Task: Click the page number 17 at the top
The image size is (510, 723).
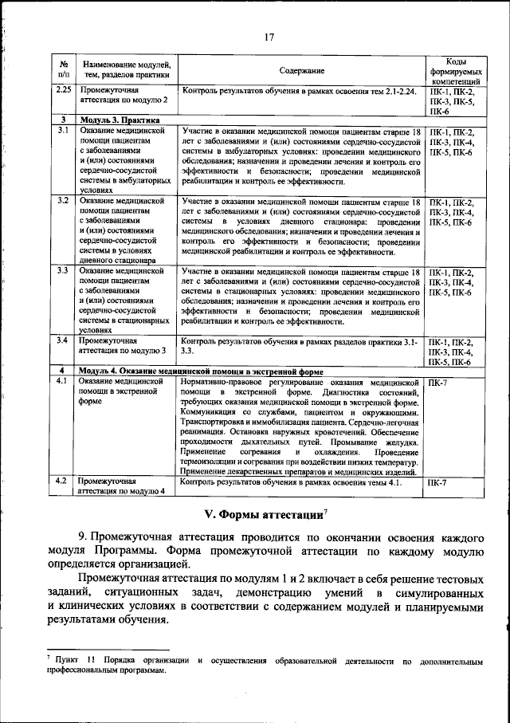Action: (x=269, y=36)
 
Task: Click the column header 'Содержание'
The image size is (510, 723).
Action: (x=302, y=70)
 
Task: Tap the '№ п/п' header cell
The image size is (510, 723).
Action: (x=64, y=70)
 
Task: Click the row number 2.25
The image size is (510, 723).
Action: (x=65, y=91)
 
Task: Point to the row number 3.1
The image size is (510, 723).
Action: (x=64, y=131)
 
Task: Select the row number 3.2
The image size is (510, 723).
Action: (x=64, y=201)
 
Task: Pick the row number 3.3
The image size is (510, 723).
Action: (x=64, y=271)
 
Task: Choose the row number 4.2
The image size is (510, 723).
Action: (x=64, y=482)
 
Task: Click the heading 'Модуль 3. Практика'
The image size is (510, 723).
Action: (x=118, y=120)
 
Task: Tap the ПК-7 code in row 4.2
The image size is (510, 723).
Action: (x=437, y=483)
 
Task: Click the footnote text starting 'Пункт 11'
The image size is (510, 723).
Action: (x=263, y=666)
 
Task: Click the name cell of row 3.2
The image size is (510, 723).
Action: (x=123, y=230)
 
